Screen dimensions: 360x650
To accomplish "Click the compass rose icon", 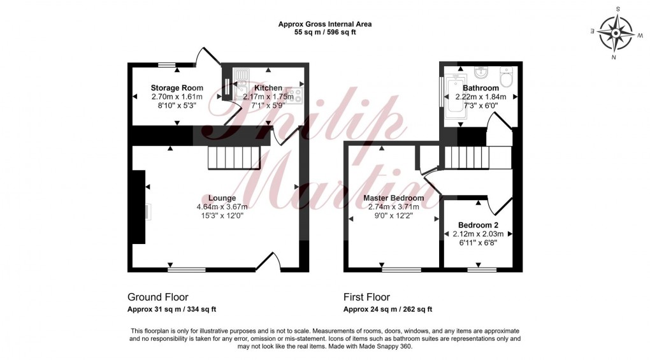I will point(616,32).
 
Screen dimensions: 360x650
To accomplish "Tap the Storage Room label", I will point(177,88).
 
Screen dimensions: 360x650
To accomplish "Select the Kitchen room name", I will point(268,88).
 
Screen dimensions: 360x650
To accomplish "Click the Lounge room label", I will point(221,198).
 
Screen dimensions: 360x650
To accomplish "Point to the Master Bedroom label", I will point(393,198).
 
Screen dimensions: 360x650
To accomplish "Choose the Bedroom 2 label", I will point(478,226).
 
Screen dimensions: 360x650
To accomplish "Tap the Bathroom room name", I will point(480,88).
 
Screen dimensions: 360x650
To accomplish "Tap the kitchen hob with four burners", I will point(295,95).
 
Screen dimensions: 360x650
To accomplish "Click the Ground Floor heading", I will point(158,298).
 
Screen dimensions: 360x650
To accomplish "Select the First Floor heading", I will point(366,298).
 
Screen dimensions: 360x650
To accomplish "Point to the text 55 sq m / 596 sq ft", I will point(324,32).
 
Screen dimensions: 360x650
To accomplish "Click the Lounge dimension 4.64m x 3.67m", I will point(222,207).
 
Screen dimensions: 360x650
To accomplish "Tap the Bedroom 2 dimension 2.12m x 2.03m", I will point(478,234).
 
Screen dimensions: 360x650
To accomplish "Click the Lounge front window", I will point(187,270).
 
